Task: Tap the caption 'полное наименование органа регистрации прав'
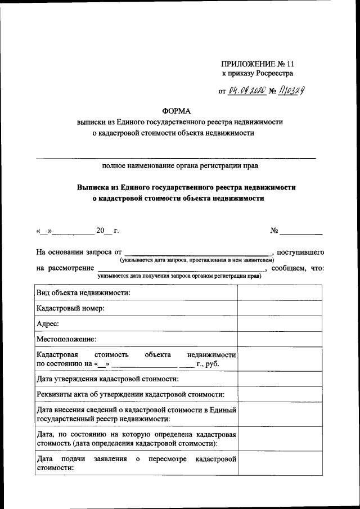click(180, 166)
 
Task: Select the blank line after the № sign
click(301, 231)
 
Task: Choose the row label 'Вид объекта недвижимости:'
click(83, 293)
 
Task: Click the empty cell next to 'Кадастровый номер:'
click(280, 308)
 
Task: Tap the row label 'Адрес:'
click(48, 324)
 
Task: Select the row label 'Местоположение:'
click(66, 339)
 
